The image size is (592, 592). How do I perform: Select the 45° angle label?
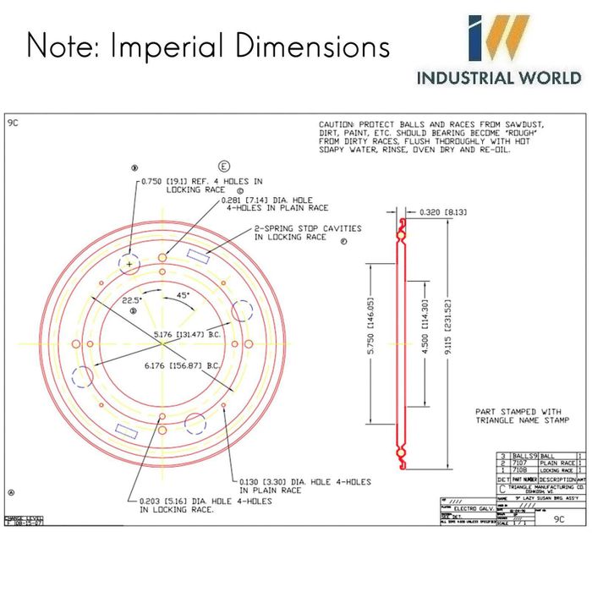183,294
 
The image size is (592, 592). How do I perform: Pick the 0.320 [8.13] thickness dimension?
439,212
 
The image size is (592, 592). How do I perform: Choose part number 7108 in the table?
519,470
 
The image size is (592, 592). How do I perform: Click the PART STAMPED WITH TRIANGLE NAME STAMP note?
522,415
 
